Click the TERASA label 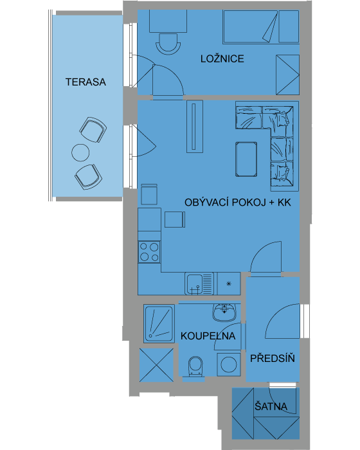click(x=85, y=82)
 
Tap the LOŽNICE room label click(x=222, y=59)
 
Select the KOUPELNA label click(x=208, y=336)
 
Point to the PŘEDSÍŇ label click(x=273, y=358)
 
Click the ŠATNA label click(x=271, y=406)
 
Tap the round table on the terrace click(x=80, y=153)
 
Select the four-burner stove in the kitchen click(x=149, y=252)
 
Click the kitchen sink click(x=199, y=283)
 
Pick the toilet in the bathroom click(x=196, y=366)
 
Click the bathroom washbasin click(x=224, y=312)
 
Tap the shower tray click(x=159, y=323)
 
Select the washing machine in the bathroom click(x=228, y=364)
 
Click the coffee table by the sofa click(x=246, y=159)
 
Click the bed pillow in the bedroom click(x=289, y=26)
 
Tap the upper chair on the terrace click(x=93, y=130)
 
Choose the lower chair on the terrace click(x=89, y=177)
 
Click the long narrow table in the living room click(x=195, y=126)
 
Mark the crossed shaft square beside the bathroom click(x=156, y=365)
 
